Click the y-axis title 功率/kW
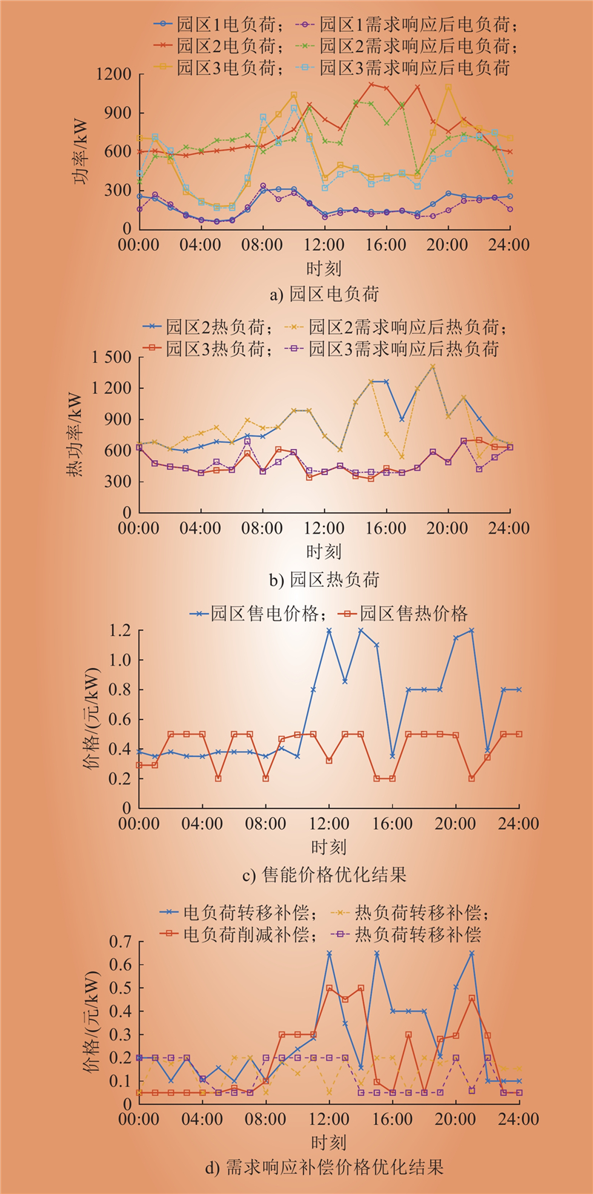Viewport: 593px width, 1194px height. pyautogui.click(x=80, y=152)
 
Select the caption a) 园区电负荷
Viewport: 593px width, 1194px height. pyautogui.click(x=324, y=294)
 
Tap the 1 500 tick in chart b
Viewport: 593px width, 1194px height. pyautogui.click(x=111, y=358)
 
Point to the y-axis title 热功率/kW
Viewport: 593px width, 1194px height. pyautogui.click(x=77, y=434)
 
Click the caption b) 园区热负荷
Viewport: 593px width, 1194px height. pyautogui.click(x=324, y=579)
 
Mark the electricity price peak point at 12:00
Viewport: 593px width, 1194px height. pyautogui.click(x=328, y=631)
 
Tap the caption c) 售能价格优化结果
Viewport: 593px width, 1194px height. pyautogui.click(x=324, y=874)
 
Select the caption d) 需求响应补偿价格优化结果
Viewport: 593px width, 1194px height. pyautogui.click(x=324, y=1167)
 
